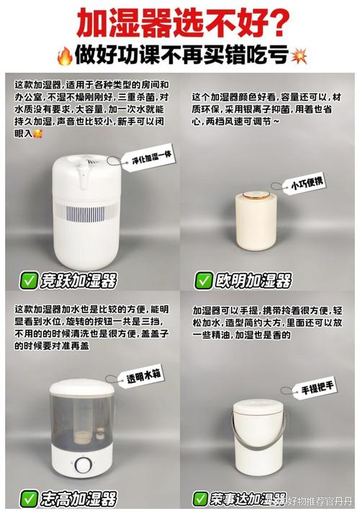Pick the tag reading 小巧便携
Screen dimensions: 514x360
pos(306,185)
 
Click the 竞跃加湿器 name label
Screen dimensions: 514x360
pos(81,280)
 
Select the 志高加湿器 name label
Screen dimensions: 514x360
pos(81,497)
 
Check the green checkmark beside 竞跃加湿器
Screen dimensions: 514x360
pos(30,280)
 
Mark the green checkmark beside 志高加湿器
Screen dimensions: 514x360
pos(30,497)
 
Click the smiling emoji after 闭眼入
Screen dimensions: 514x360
pos(38,134)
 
